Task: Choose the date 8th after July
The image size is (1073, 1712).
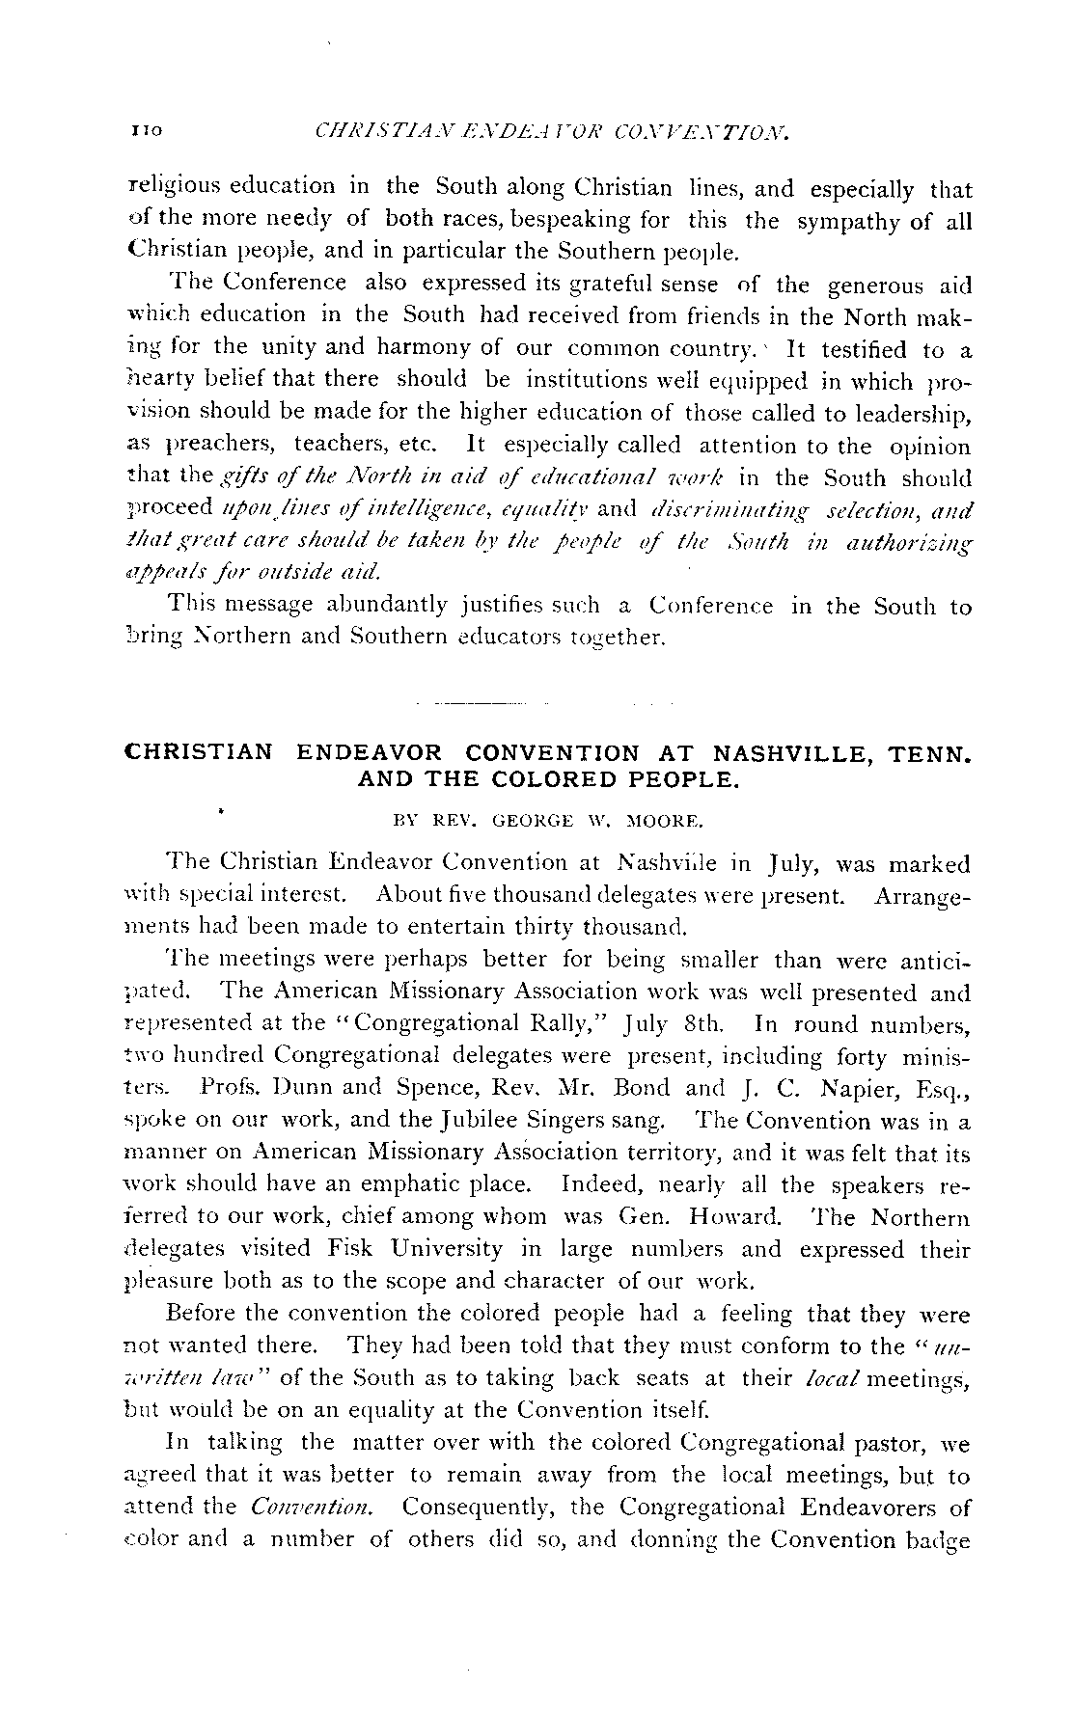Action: click(708, 1024)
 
